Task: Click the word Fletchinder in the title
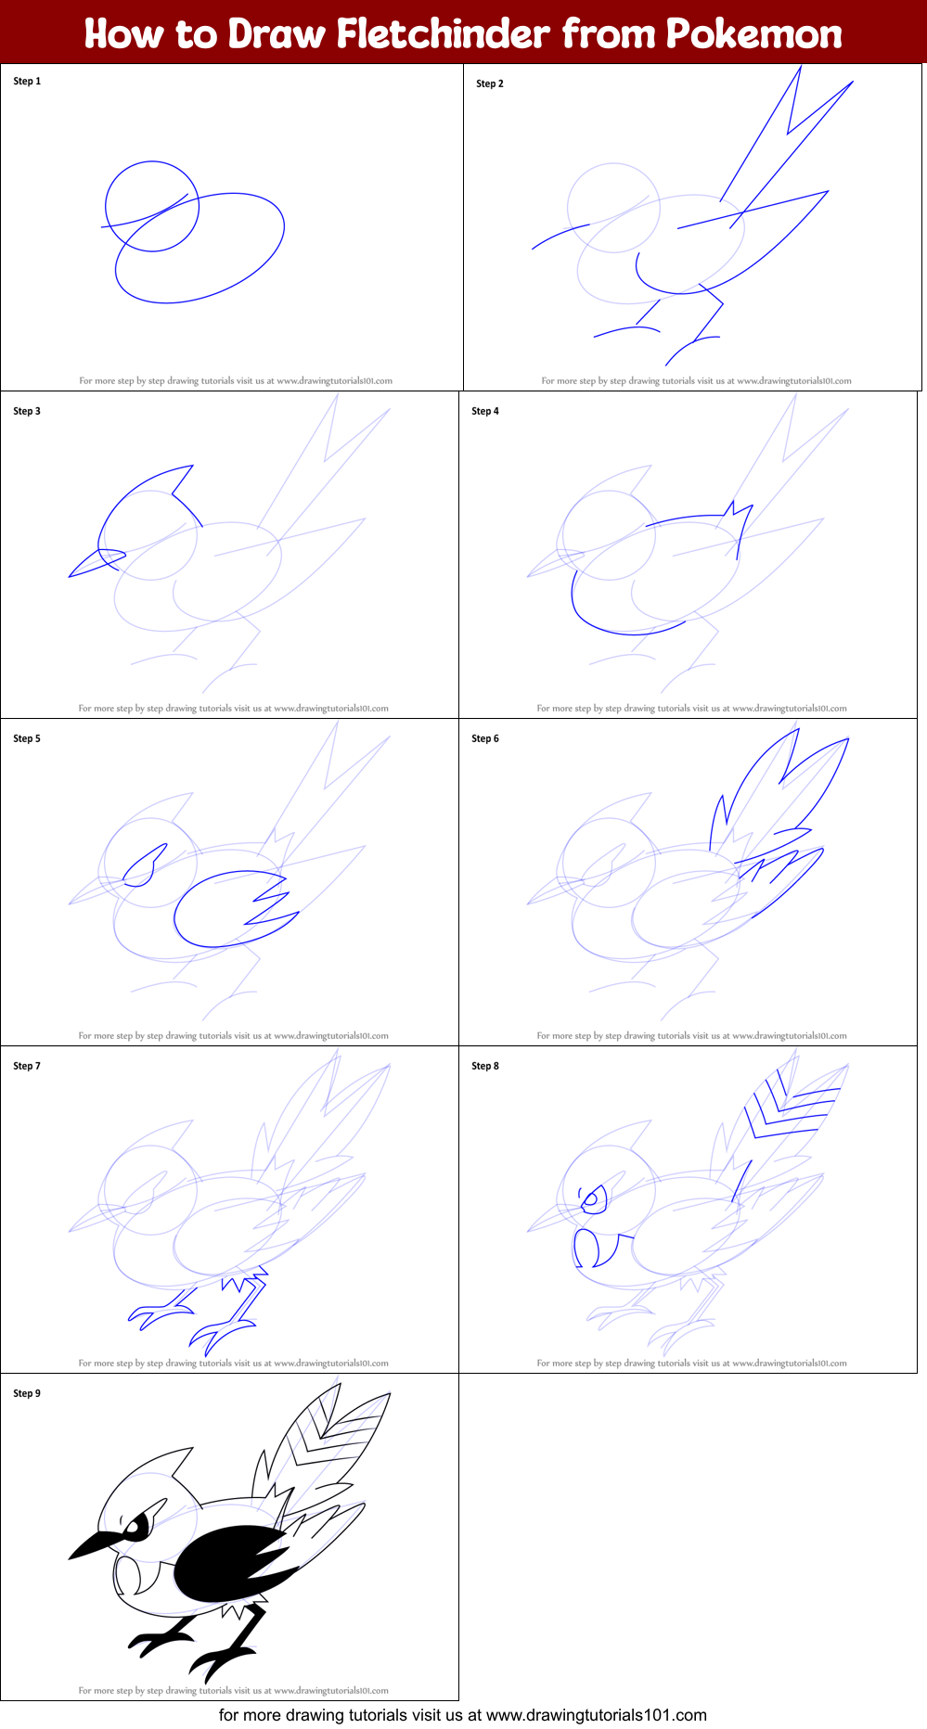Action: pyautogui.click(x=443, y=34)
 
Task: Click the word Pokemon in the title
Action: pyautogui.click(x=753, y=34)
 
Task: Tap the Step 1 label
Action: pyautogui.click(x=27, y=82)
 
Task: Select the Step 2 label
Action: pyautogui.click(x=490, y=83)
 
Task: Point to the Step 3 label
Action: pyautogui.click(x=27, y=411)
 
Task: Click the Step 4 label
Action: pyautogui.click(x=485, y=411)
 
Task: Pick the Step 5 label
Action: pyautogui.click(x=27, y=738)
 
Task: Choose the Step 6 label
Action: pyautogui.click(x=485, y=738)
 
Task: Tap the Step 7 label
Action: pyautogui.click(x=27, y=1066)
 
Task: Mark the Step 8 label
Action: pyautogui.click(x=485, y=1066)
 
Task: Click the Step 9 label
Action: pyautogui.click(x=27, y=1393)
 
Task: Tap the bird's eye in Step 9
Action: pyautogui.click(x=136, y=1525)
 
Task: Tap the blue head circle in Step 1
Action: pyautogui.click(x=152, y=206)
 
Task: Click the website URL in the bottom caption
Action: pyautogui.click(x=597, y=1715)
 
